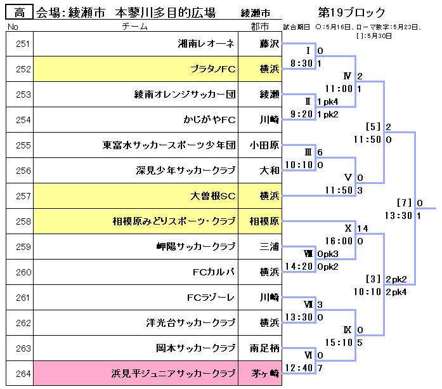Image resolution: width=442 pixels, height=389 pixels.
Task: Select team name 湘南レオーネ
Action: (x=206, y=44)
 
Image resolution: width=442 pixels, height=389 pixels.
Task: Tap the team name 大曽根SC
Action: (x=212, y=196)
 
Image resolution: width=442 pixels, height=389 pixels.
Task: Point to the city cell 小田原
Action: (x=264, y=145)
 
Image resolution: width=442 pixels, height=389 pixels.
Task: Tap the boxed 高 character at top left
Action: (x=20, y=12)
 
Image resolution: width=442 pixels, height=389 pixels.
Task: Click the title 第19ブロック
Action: (x=351, y=13)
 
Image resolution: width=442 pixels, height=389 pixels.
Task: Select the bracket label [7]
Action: (x=404, y=203)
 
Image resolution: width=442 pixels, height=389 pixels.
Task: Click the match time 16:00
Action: (x=339, y=241)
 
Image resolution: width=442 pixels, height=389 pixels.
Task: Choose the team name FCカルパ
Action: (x=214, y=272)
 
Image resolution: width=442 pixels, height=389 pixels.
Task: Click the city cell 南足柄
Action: (x=264, y=348)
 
